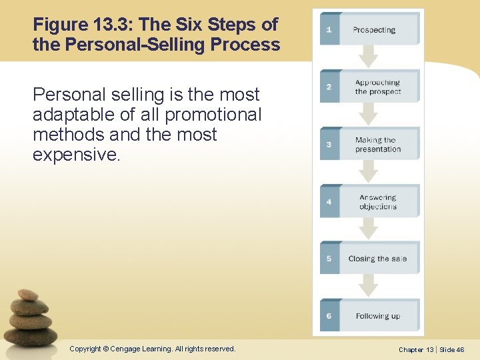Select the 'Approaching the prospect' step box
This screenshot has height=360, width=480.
(378, 87)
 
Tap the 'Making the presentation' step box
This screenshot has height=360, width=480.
(378, 144)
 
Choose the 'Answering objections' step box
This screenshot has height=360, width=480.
(378, 201)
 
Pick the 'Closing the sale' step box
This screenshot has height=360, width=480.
(378, 259)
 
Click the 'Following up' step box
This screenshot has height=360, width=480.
(378, 316)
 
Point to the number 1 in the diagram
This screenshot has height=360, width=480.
(329, 29)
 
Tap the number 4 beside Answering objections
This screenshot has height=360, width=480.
(329, 201)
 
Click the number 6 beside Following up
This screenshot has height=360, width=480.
(329, 316)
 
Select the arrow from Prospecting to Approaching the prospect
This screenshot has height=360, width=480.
(369, 56)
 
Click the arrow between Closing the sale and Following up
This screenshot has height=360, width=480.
(369, 286)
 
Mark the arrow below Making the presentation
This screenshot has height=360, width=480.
(369, 171)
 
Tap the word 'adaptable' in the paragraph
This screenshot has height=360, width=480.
(77, 115)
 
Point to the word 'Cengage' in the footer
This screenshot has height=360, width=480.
(130, 349)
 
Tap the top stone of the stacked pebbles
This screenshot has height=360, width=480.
(28, 294)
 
